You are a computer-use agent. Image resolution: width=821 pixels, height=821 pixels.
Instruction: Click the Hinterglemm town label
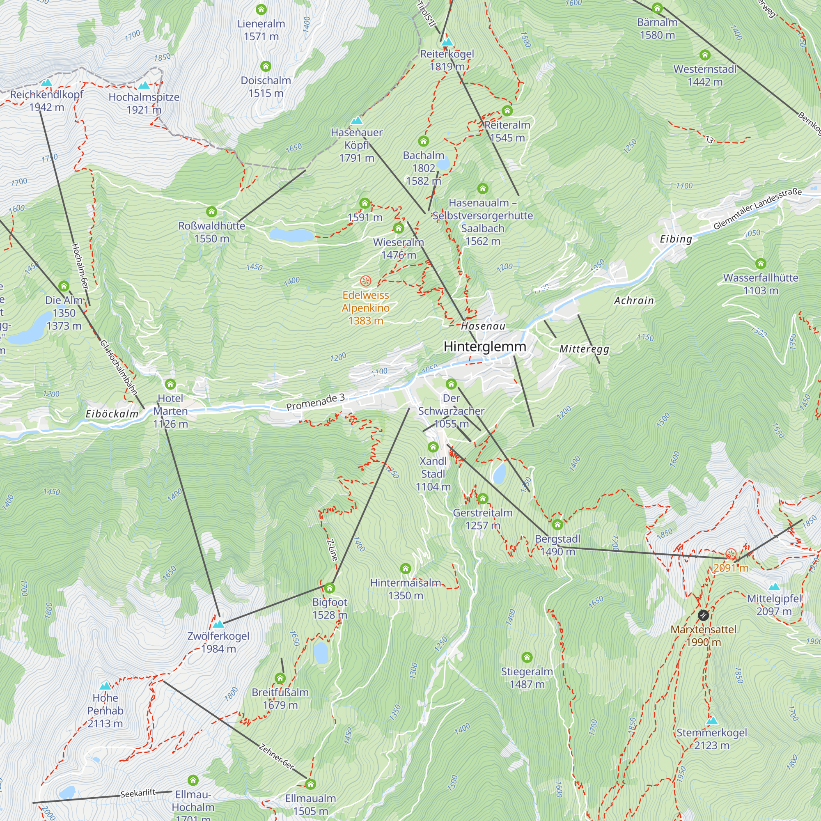[x=484, y=346]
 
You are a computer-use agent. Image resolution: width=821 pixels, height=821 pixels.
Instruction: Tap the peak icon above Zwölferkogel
[x=218, y=624]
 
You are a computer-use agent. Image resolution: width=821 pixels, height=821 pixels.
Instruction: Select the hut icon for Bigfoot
[x=330, y=588]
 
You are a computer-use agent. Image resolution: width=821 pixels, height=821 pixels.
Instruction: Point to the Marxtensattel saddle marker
[x=703, y=615]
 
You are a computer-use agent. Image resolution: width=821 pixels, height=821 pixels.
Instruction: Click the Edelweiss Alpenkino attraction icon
[x=365, y=281]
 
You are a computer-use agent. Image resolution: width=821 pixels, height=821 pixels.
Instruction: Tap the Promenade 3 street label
[x=315, y=402]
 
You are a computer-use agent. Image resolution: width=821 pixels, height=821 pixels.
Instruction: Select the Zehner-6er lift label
[x=276, y=757]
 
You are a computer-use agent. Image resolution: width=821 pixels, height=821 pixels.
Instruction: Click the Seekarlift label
[x=138, y=793]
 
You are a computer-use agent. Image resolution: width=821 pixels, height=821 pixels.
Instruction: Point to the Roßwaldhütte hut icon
[x=212, y=212]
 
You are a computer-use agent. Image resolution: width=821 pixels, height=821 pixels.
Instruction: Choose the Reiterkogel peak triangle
[x=447, y=41]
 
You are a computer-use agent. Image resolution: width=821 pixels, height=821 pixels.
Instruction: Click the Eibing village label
[x=676, y=239]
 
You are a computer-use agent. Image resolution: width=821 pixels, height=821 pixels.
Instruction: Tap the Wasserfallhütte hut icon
[x=761, y=264]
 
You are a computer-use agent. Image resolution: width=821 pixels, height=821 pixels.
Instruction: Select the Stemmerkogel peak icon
[x=712, y=721]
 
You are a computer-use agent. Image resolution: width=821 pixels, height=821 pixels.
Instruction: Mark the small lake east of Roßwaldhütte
[x=291, y=234]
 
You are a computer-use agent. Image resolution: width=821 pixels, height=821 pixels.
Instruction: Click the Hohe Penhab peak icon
[x=105, y=686]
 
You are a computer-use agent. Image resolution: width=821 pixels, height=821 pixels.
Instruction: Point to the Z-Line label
[x=333, y=550]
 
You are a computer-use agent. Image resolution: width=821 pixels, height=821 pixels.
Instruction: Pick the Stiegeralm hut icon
[x=527, y=657]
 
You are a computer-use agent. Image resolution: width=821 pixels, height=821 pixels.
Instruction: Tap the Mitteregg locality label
[x=584, y=349]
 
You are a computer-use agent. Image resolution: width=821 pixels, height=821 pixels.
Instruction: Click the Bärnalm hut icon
[x=657, y=8]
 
